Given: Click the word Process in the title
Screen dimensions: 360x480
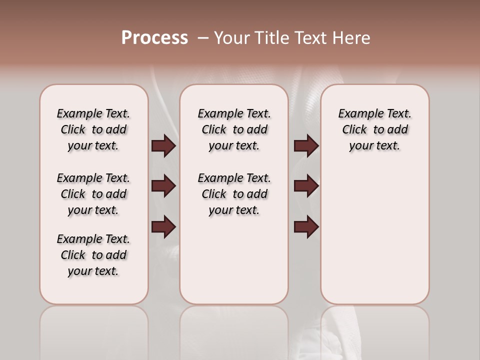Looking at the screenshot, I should pyautogui.click(x=154, y=38).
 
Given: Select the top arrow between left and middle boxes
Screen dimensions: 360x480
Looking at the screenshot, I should pyautogui.click(x=163, y=146).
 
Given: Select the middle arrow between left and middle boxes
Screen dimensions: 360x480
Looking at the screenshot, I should pyautogui.click(x=163, y=186).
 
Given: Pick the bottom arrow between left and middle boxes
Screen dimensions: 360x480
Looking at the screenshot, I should pyautogui.click(x=163, y=227).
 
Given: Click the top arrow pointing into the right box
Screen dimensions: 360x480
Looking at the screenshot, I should pyautogui.click(x=306, y=146).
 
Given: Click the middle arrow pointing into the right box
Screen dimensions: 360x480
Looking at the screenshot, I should pyautogui.click(x=306, y=186).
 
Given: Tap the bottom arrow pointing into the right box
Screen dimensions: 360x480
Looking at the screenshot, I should pyautogui.click(x=306, y=227).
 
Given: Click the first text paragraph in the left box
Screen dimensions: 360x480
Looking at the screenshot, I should pyautogui.click(x=93, y=129).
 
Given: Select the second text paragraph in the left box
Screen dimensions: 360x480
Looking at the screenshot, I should pyautogui.click(x=93, y=194).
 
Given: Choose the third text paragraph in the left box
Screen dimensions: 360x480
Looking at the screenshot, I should pyautogui.click(x=93, y=255).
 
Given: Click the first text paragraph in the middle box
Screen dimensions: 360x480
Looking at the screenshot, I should pyautogui.click(x=234, y=129).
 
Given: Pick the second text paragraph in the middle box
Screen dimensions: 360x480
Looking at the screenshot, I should pyautogui.click(x=234, y=194).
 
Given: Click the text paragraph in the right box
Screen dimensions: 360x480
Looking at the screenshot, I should pyautogui.click(x=374, y=129).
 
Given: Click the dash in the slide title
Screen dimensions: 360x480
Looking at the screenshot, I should pyautogui.click(x=203, y=38).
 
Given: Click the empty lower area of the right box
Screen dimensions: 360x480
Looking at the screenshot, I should pyautogui.click(x=374, y=240).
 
